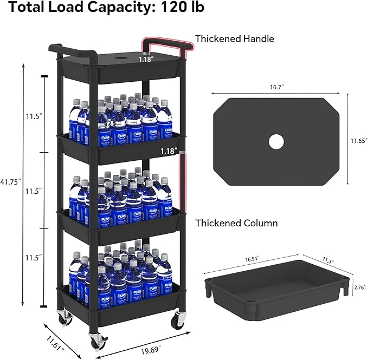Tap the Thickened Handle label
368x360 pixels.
(x=235, y=38)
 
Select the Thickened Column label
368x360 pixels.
(x=236, y=223)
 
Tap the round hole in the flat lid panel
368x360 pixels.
(x=276, y=142)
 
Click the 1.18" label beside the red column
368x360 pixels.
(x=169, y=152)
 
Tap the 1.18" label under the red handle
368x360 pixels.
(x=146, y=60)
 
